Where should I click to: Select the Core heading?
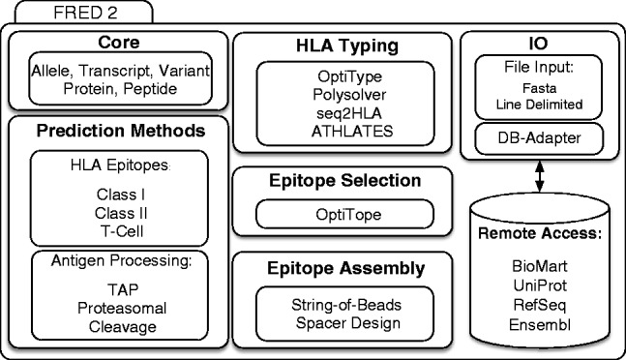click(x=117, y=45)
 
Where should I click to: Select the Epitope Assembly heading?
click(x=342, y=267)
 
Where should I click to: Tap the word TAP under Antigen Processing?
click(x=117, y=287)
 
